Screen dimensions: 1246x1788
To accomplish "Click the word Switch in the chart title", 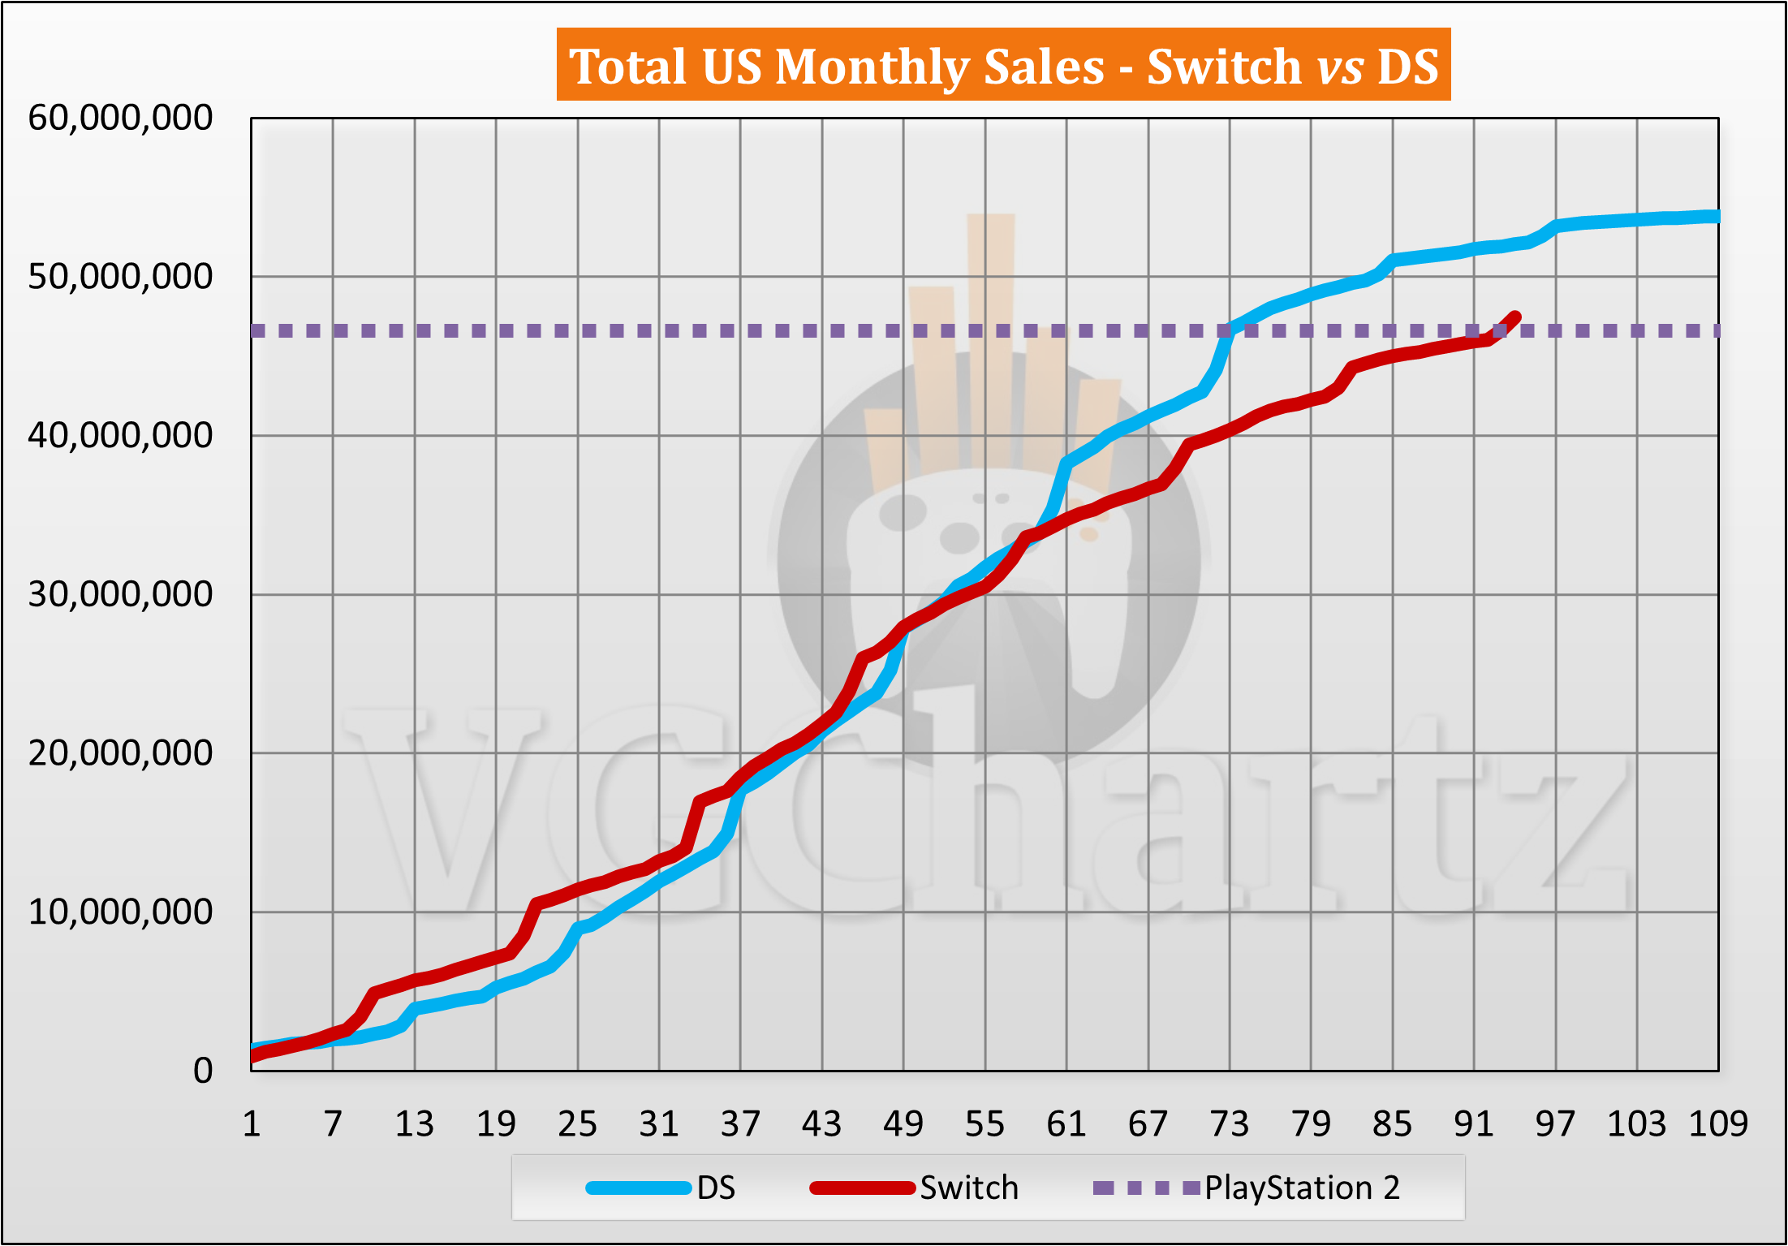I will click(x=1224, y=67).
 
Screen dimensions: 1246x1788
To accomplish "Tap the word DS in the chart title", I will click(x=1407, y=67).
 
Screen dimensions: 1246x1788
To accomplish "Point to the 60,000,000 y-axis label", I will click(x=120, y=119).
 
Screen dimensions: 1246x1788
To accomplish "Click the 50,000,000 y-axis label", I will click(x=120, y=277).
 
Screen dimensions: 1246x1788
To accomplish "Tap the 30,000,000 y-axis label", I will click(x=120, y=594).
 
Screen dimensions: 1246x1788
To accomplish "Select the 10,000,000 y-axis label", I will click(x=120, y=912).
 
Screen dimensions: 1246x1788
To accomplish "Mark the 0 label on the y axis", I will click(x=203, y=1071).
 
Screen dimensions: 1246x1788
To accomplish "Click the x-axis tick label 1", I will click(x=252, y=1124).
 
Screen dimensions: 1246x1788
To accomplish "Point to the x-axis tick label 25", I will click(x=577, y=1124).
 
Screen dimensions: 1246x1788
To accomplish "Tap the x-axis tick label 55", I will click(x=984, y=1124).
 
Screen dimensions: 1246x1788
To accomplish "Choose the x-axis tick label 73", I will click(x=1230, y=1124).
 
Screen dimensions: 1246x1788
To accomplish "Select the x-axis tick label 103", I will click(x=1636, y=1124).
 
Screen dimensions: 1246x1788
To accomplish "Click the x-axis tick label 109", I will click(x=1717, y=1124).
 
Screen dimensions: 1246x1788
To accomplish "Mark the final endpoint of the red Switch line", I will click(x=1514, y=317).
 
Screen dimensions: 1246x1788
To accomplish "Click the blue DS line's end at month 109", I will click(x=1716, y=217).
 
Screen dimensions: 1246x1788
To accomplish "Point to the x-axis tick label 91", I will click(x=1474, y=1124).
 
